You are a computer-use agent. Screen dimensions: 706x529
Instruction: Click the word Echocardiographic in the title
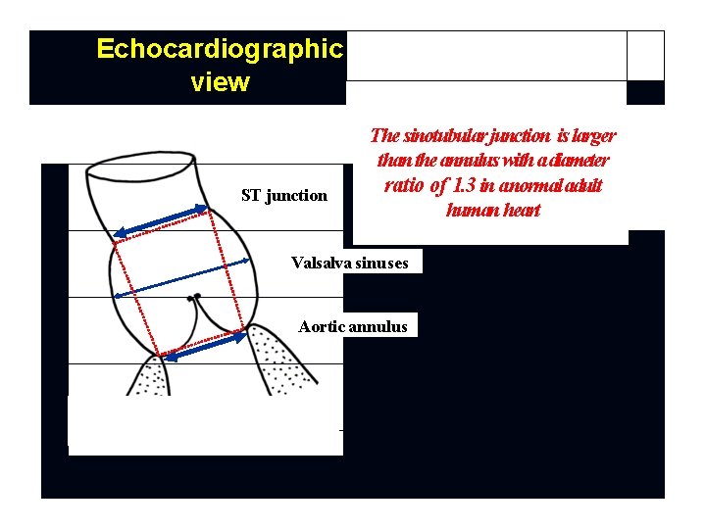coord(220,49)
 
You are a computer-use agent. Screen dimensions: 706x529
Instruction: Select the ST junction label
coord(284,195)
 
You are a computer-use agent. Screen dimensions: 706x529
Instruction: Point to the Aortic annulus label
coord(353,326)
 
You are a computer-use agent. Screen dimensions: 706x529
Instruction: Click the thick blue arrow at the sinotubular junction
coord(162,219)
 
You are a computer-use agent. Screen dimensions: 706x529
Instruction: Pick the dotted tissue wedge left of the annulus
coord(146,376)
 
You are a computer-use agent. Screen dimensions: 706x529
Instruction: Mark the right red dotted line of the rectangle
coord(233,264)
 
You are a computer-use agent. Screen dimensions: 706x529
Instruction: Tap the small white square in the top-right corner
coord(645,56)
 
